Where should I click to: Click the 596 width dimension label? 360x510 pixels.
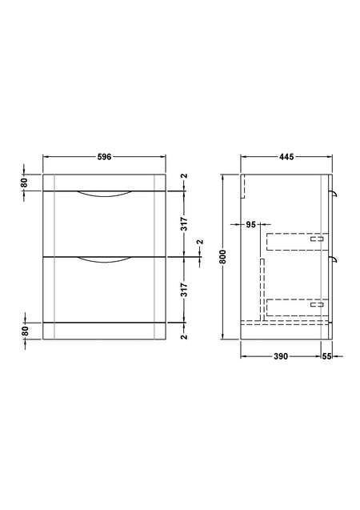tap(104, 157)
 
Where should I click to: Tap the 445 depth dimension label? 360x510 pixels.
tap(286, 157)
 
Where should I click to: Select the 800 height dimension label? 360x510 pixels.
tap(222, 257)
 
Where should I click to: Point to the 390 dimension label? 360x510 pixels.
tap(281, 356)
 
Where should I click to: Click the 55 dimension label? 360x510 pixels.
tap(326, 356)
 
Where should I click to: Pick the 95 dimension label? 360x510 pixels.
tap(251, 224)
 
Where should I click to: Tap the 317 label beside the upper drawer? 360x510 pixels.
tap(184, 224)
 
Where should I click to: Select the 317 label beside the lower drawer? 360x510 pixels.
tap(184, 290)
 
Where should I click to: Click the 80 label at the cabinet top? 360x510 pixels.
tap(24, 183)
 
